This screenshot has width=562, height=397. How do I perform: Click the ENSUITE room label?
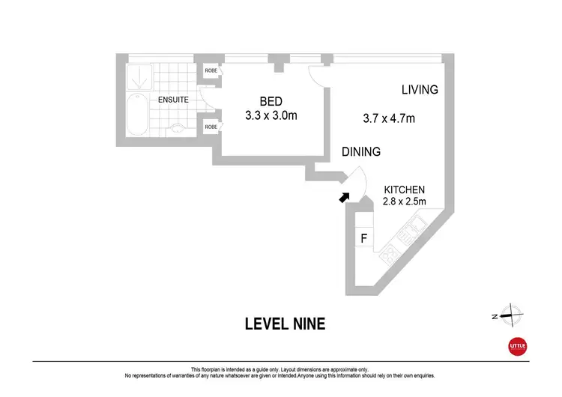click(x=172, y=100)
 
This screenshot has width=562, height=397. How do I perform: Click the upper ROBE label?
click(x=211, y=71)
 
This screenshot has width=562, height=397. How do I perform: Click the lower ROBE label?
click(x=211, y=127)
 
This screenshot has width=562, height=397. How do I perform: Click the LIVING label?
click(x=419, y=90)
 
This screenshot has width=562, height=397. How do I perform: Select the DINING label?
click(x=361, y=151)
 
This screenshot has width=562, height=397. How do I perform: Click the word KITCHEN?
click(x=405, y=190)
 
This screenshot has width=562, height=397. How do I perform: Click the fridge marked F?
click(x=363, y=240)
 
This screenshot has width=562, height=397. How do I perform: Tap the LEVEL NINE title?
click(x=285, y=324)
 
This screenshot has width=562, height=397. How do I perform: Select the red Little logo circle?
click(x=518, y=346)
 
